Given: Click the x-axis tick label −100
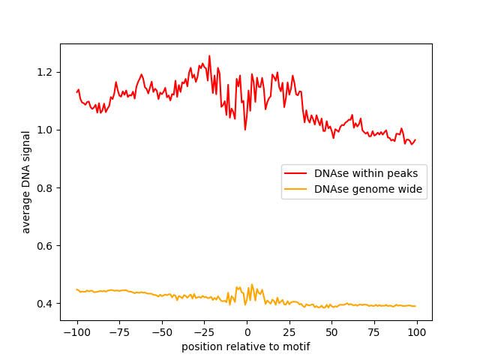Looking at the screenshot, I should (76, 332).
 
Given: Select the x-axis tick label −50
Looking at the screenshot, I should (161, 332).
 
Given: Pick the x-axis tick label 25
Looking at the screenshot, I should (289, 332).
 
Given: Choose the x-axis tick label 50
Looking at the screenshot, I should (331, 332).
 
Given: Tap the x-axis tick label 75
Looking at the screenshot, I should (373, 332).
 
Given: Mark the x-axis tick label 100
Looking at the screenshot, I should (416, 332).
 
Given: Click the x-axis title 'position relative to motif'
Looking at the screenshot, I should (246, 346).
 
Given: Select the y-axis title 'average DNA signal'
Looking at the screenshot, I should (26, 182).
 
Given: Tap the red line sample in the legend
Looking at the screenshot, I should (297, 173).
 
